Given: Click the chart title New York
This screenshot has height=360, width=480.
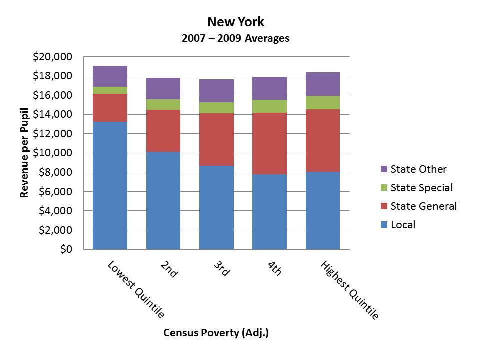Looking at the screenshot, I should click(x=236, y=22).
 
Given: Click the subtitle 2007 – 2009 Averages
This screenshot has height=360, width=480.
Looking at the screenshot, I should click(x=236, y=38).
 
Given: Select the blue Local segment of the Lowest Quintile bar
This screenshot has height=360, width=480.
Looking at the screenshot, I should click(x=110, y=185).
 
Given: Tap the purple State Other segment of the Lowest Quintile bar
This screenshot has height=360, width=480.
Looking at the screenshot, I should click(x=110, y=76).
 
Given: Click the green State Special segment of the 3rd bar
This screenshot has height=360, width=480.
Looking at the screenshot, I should click(x=216, y=108).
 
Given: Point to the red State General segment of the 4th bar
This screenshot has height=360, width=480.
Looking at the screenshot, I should click(x=269, y=143).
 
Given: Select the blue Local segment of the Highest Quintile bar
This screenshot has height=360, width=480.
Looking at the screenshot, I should click(x=322, y=210).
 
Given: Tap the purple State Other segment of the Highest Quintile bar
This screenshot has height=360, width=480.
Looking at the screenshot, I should click(x=322, y=84).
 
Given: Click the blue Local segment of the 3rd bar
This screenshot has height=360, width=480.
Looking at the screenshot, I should click(x=216, y=207).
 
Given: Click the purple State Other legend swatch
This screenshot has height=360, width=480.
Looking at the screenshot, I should click(x=383, y=169).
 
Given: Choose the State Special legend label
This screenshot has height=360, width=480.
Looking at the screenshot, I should click(x=421, y=188).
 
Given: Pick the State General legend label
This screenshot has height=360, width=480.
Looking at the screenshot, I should click(x=423, y=206).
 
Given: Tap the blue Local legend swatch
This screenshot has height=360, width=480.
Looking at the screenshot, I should click(x=383, y=225).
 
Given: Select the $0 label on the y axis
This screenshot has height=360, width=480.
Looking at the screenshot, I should click(x=64, y=249).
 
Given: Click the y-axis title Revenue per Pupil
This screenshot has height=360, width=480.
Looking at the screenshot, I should click(x=24, y=153).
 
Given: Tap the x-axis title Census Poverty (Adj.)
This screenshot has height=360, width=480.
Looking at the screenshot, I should click(x=216, y=333).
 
